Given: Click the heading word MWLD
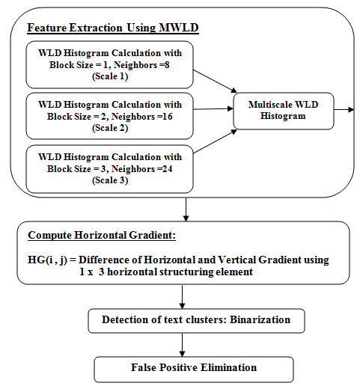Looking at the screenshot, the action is coord(179,28).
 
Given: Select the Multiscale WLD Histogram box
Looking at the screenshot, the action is coord(284,111).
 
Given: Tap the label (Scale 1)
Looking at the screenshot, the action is coord(110,76).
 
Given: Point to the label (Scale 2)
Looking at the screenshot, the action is coord(110,128).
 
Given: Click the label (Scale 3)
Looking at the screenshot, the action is coord(110,180).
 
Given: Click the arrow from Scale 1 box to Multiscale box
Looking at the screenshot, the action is coord(215,82).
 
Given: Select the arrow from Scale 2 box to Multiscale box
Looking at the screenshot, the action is coord(213,108).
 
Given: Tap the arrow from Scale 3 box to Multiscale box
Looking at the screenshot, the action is coord(215,141).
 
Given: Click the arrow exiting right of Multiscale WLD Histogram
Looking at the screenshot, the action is coord(344,109).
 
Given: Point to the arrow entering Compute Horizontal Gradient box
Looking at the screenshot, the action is coord(186,209).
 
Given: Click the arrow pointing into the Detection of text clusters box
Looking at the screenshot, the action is coord(183,297).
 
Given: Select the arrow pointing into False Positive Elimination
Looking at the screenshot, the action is coord(183,345).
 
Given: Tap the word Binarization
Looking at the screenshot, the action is coord(260,319).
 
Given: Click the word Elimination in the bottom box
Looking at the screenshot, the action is coord(228,367).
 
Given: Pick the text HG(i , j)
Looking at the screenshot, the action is coord(47,260).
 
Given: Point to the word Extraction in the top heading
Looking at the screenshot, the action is coord(96,28).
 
